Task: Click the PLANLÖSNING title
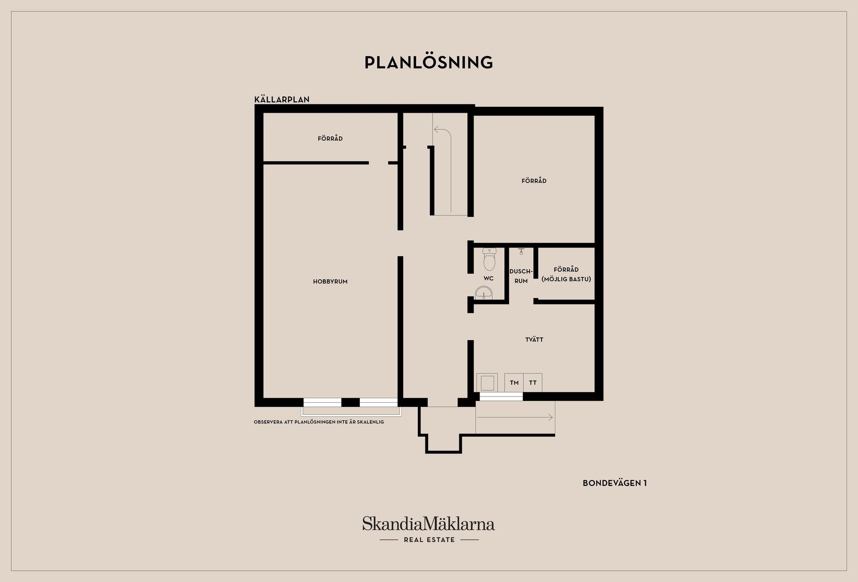point(429,62)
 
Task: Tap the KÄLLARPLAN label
point(282,99)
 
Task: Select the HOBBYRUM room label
point(330,282)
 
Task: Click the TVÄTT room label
point(534,339)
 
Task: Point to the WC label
point(488,278)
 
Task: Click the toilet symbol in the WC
point(489,259)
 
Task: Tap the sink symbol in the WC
point(484,293)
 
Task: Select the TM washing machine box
point(514,383)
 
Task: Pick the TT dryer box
point(533,383)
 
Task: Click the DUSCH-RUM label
point(521,276)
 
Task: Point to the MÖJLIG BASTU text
point(566,279)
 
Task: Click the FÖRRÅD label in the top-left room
point(330,139)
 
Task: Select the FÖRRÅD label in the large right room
point(534,181)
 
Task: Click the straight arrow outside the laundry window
point(515,418)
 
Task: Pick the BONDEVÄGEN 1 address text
point(614,483)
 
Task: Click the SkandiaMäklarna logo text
point(429,523)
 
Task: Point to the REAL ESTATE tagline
point(429,540)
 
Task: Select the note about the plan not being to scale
point(319,422)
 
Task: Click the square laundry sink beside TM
point(487,383)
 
